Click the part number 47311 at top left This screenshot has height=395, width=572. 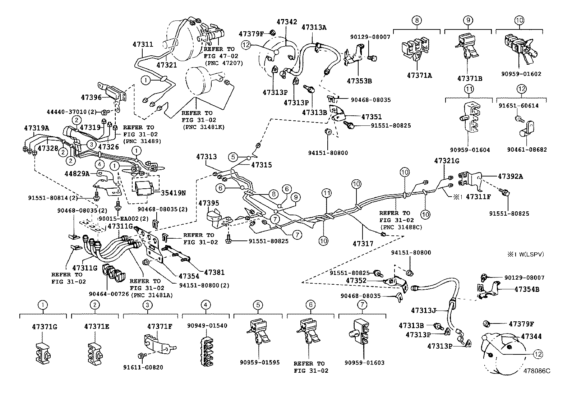click(x=143, y=45)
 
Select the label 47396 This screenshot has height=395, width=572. click(x=92, y=97)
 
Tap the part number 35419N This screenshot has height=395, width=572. click(x=174, y=193)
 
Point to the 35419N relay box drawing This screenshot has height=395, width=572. click(x=143, y=186)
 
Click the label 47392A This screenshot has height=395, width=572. click(x=510, y=176)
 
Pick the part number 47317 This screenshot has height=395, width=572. click(x=363, y=243)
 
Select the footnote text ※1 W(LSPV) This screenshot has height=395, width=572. click(x=525, y=254)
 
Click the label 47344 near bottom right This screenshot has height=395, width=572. click(x=531, y=336)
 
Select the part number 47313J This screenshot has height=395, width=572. click(x=423, y=310)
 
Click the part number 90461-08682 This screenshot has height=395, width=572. click(x=527, y=150)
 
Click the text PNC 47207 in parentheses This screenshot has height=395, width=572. click(x=223, y=63)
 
